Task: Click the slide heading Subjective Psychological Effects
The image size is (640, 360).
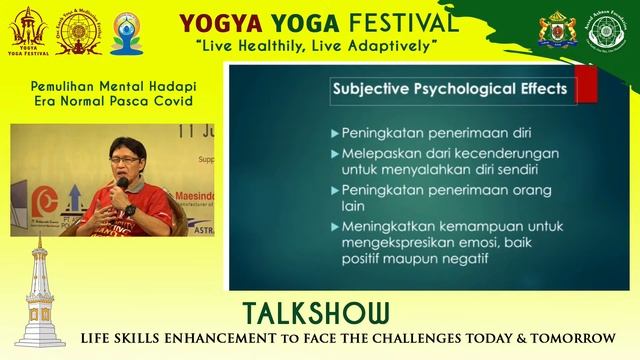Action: coord(451,90)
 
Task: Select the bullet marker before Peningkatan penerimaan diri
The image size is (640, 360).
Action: coord(332,133)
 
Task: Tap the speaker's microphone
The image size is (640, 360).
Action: coord(121,185)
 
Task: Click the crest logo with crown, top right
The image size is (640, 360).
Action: coord(556,31)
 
